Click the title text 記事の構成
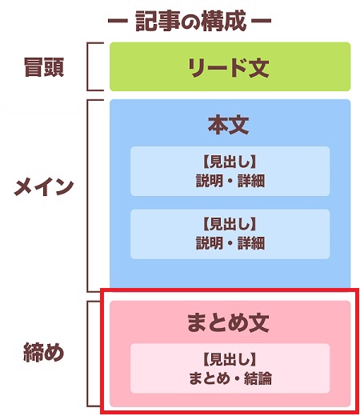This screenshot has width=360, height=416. (x=190, y=21)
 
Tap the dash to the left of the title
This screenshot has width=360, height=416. (x=118, y=21)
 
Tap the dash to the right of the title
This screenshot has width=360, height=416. (x=262, y=21)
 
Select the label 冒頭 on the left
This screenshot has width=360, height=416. (x=44, y=67)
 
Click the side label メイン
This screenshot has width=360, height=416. (x=44, y=186)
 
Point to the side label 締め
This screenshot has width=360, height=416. (x=44, y=352)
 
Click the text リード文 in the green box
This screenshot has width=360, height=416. (x=229, y=67)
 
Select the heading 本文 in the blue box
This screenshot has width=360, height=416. (x=229, y=125)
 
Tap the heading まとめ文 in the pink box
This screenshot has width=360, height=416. (x=228, y=322)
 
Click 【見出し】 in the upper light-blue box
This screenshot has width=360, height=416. (x=230, y=162)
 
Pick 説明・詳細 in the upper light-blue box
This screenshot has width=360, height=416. (x=230, y=181)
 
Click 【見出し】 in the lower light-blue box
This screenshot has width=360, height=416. (x=230, y=224)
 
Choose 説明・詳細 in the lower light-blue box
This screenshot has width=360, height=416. (x=230, y=243)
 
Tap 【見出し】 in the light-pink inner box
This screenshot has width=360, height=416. (x=230, y=359)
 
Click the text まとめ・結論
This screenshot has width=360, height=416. (x=230, y=378)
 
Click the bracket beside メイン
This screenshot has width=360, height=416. (x=87, y=196)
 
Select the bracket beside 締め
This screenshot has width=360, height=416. (x=87, y=354)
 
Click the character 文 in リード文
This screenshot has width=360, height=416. (x=258, y=67)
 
